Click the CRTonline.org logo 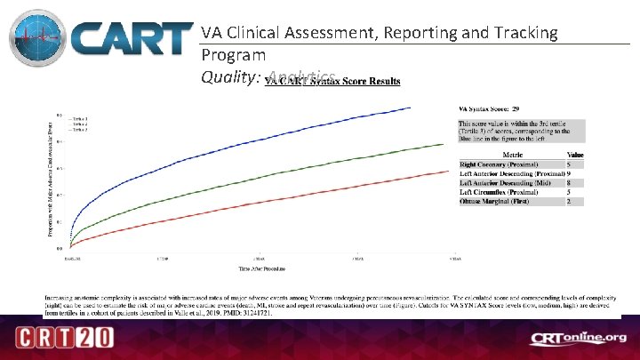pos(578,338)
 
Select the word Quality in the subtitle pos(228,77)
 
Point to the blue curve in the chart pos(267,142)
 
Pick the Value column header pos(574,155)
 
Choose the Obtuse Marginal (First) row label pos(493,202)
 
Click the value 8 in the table pos(569,182)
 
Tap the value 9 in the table pos(569,173)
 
